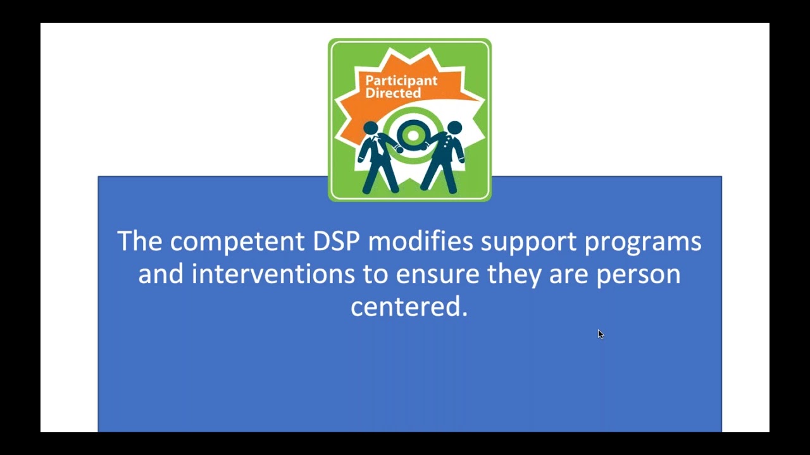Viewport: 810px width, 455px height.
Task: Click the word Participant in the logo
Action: point(401,81)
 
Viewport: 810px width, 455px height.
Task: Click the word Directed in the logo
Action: point(393,94)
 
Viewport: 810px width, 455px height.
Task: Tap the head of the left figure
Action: point(371,128)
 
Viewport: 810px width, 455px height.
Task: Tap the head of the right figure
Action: point(454,128)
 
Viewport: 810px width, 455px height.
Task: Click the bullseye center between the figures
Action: point(413,135)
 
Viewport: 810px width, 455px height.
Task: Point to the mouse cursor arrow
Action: point(600,334)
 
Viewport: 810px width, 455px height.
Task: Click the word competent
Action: point(237,241)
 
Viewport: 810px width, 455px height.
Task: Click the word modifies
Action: point(420,241)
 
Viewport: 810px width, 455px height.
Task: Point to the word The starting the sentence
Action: point(140,241)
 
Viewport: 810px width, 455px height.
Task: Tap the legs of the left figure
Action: point(379,176)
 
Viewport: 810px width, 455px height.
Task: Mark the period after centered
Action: point(465,313)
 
